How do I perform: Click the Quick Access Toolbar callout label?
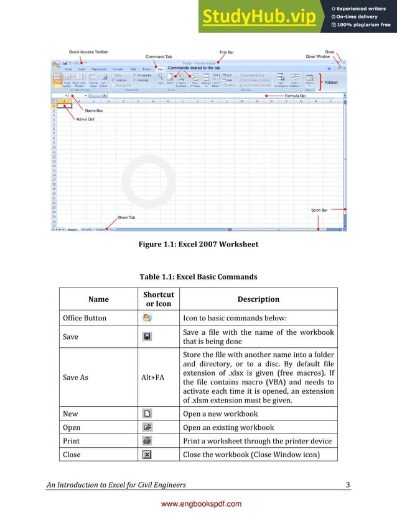point(88,52)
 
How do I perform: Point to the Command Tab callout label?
point(158,57)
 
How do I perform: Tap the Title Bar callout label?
point(227,52)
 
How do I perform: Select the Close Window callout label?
point(318,57)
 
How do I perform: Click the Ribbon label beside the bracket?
point(332,82)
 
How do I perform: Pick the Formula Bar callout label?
point(295,96)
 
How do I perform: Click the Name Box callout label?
point(95,110)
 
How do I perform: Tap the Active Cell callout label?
point(85,119)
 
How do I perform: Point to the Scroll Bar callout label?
point(320,210)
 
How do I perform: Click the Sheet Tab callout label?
point(126,218)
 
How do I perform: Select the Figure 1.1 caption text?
point(198,244)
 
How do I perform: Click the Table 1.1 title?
point(198,276)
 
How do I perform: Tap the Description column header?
point(258,299)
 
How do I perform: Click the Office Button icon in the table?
point(147,318)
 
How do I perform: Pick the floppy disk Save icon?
point(147,336)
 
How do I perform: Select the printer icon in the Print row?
point(147,441)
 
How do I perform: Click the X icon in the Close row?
point(147,455)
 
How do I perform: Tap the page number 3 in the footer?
point(347,484)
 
